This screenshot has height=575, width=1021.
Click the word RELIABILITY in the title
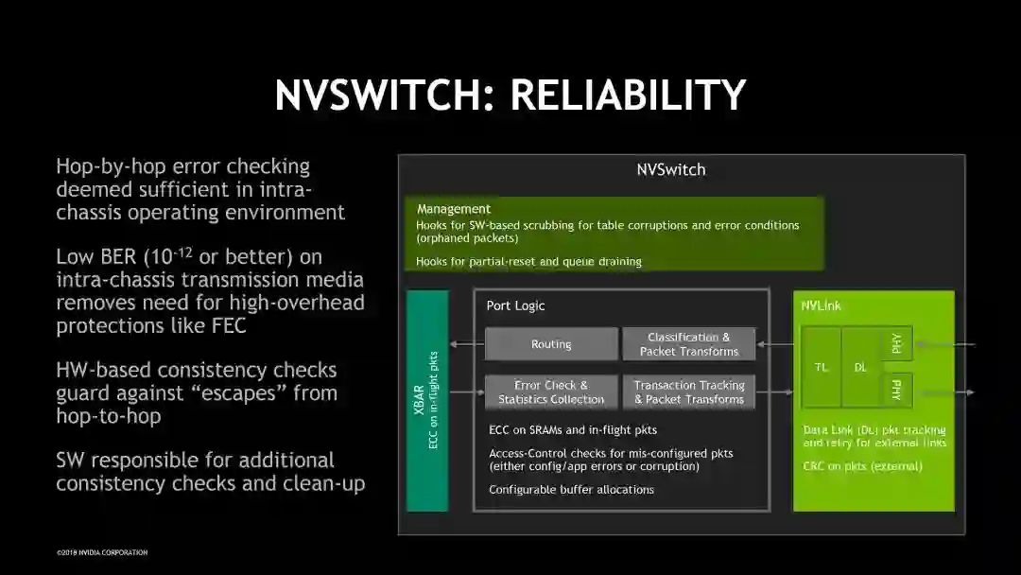click(629, 95)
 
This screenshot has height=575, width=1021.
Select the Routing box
click(551, 344)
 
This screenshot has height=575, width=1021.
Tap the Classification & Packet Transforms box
click(689, 344)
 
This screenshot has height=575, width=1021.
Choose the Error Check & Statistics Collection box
click(551, 392)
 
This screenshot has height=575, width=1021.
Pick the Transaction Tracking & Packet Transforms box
click(689, 392)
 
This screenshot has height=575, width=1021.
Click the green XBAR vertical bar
click(426, 401)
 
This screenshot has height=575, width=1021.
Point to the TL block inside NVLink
click(822, 367)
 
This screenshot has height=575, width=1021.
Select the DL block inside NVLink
click(860, 367)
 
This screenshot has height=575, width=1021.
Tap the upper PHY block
click(896, 343)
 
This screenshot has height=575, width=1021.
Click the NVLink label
click(821, 305)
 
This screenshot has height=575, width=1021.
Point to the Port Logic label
click(515, 305)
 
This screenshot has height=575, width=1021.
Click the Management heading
click(454, 208)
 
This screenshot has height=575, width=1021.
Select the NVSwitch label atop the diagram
click(670, 170)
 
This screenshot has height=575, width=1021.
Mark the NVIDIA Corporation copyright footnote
click(102, 552)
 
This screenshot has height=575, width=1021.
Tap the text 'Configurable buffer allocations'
click(571, 490)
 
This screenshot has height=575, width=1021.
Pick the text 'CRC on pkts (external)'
click(862, 465)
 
